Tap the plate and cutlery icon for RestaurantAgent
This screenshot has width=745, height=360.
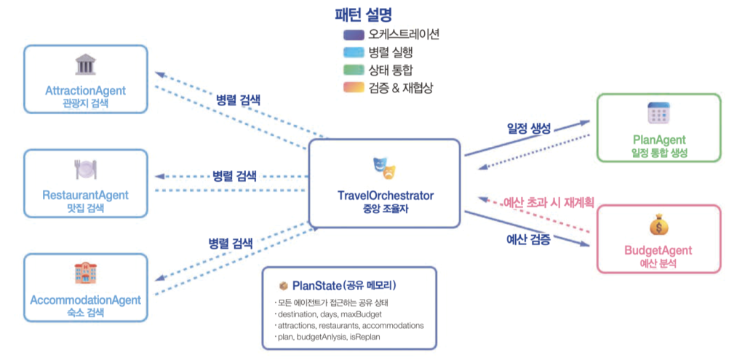pyautogui.click(x=85, y=169)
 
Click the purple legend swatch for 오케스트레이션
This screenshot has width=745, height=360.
pyautogui.click(x=355, y=35)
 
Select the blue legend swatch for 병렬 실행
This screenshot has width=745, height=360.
pyautogui.click(x=355, y=52)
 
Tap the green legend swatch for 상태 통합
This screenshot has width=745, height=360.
pyautogui.click(x=355, y=70)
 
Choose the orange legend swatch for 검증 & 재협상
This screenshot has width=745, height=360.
pyautogui.click(x=355, y=87)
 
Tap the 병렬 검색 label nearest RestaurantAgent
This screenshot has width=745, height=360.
pyautogui.click(x=236, y=176)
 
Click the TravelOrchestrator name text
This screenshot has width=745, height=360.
pyautogui.click(x=386, y=196)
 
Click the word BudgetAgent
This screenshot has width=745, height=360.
pyautogui.click(x=658, y=251)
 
